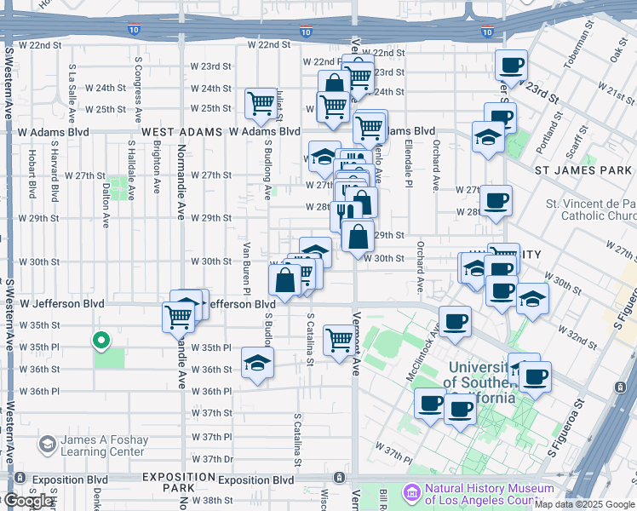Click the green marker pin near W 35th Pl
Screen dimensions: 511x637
click(x=100, y=342)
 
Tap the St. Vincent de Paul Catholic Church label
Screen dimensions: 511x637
click(x=591, y=210)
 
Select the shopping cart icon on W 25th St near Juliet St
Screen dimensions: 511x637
click(x=261, y=104)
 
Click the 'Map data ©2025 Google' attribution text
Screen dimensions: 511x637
click(x=584, y=504)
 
